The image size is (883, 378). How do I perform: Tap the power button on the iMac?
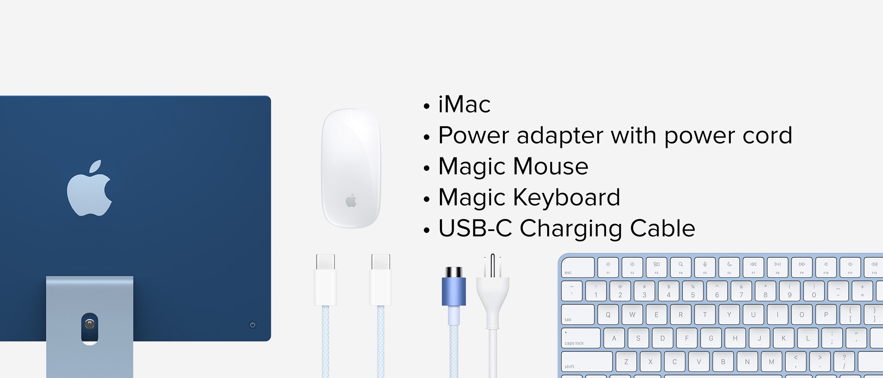(x=253, y=325)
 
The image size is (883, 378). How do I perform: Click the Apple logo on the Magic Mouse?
(x=351, y=201)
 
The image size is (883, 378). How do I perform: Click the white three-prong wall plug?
(x=493, y=291)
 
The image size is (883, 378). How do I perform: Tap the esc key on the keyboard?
(x=578, y=267)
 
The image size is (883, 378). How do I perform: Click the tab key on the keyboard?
(x=578, y=314)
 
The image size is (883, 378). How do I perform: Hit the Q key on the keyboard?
(x=608, y=314)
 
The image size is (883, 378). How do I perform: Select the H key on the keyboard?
(x=735, y=338)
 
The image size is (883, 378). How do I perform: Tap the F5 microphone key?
(x=705, y=267)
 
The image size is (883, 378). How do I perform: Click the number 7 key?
(x=741, y=291)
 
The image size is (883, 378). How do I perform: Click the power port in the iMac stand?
(x=90, y=324)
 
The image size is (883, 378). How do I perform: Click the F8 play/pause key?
(x=777, y=267)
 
